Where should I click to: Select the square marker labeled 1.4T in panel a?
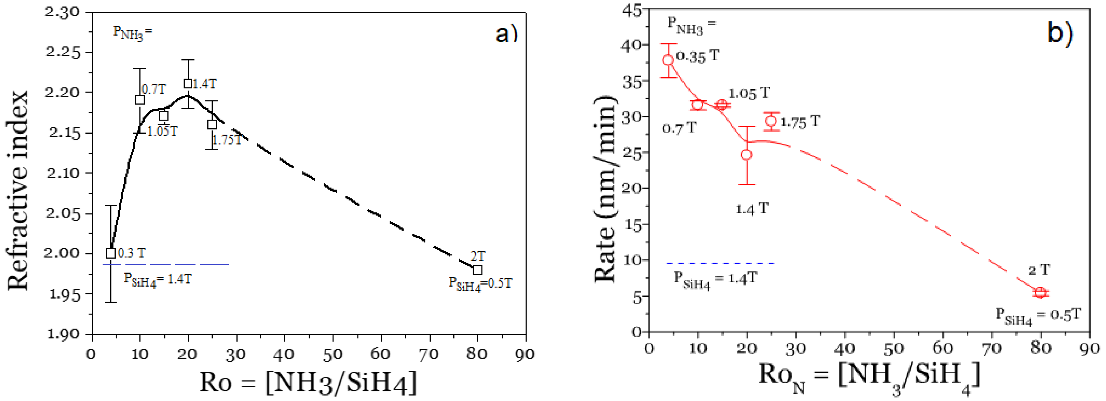point(188,84)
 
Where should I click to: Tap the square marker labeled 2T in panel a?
point(477,270)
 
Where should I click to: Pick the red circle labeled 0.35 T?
point(668,60)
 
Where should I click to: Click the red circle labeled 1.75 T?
point(771,121)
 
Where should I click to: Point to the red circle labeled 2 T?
point(1040,293)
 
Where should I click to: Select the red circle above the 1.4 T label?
point(747,155)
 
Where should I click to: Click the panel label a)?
point(506,33)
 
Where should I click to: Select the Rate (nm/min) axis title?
point(605,189)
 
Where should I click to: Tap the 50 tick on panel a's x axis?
point(332,354)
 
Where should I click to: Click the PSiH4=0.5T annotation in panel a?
point(480,284)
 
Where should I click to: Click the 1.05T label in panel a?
point(162,131)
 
